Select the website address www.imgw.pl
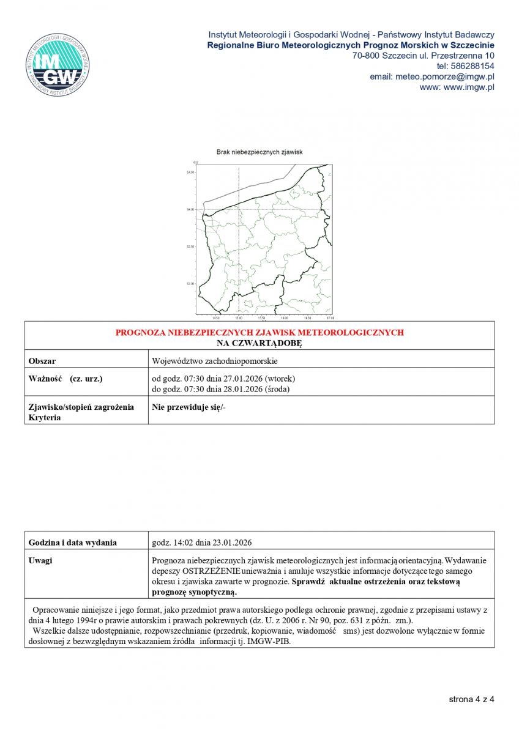pos(469,87)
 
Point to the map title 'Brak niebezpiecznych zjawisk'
pos(259,152)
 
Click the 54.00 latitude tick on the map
pos(190,209)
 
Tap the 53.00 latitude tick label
pos(190,283)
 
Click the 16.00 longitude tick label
pos(284,318)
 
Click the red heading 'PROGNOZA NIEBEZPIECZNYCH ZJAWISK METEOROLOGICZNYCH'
pos(259,332)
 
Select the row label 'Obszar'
pos(42,361)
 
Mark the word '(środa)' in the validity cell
pos(276,389)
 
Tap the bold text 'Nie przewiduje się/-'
pos(189,407)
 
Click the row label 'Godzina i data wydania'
pos(73,543)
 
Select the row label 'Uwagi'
pos(40,560)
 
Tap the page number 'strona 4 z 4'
pos(471,699)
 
